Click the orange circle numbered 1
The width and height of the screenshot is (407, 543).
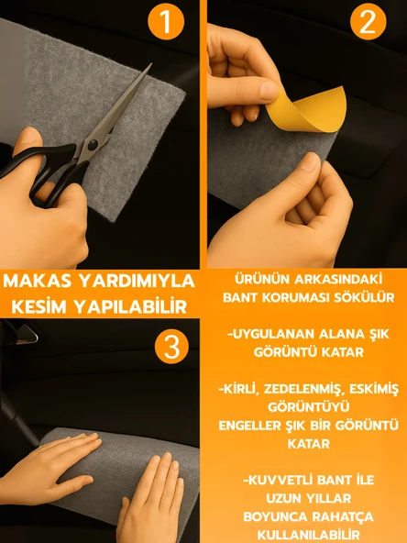tap(166, 21)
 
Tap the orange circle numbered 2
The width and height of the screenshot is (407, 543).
tap(368, 21)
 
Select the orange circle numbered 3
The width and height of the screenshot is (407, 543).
tap(171, 346)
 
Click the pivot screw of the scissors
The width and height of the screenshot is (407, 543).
tap(93, 144)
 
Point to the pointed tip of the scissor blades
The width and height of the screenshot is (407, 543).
tap(151, 64)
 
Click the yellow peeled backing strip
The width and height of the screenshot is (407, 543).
tap(306, 109)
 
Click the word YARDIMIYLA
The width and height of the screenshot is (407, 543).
tap(137, 281)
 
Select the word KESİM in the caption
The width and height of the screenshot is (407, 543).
tap(39, 306)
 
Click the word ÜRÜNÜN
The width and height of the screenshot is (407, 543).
tap(261, 279)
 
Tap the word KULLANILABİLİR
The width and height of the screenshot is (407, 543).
tap(308, 535)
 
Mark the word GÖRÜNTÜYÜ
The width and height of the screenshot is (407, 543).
tap(309, 407)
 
